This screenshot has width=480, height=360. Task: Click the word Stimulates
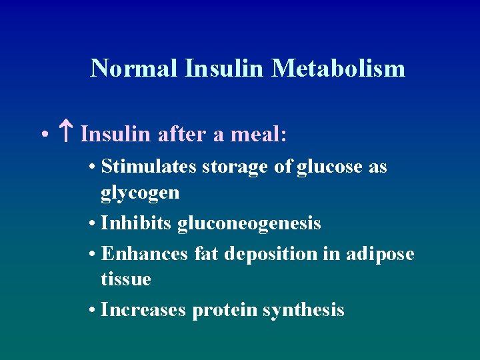(x=148, y=167)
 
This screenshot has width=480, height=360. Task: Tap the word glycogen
(x=140, y=193)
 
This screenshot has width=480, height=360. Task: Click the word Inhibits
(x=137, y=223)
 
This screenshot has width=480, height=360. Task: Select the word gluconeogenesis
(x=249, y=223)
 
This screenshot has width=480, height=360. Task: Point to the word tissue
(x=125, y=279)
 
